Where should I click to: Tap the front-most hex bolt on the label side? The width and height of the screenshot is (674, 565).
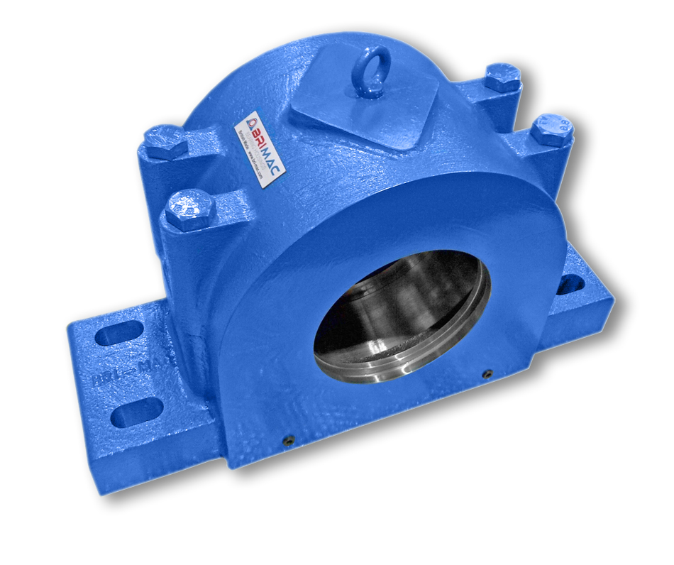tap(189, 210)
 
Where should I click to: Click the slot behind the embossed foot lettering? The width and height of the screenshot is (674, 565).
tap(118, 334)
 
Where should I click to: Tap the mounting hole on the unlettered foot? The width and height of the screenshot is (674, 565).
tap(570, 285)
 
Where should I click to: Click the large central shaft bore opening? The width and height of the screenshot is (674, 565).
tap(402, 315)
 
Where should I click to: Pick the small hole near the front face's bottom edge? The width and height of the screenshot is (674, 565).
tap(289, 441)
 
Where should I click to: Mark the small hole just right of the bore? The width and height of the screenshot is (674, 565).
tap(487, 374)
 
